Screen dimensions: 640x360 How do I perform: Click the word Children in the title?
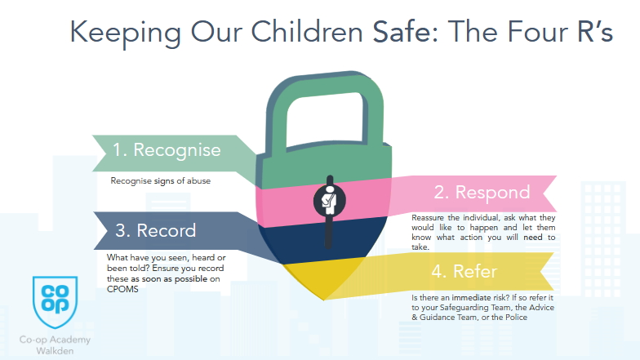[x=307, y=32]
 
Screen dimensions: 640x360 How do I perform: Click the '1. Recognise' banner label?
[x=167, y=150]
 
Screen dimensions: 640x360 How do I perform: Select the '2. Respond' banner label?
[x=482, y=192]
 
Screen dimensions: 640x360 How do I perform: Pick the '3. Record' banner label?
[x=155, y=230]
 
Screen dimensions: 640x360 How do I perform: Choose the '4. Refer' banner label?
[x=464, y=271]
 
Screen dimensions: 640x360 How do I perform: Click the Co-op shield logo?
[x=56, y=301]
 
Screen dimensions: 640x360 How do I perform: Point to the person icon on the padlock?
[x=329, y=201]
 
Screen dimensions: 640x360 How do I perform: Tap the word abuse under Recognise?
[x=199, y=181]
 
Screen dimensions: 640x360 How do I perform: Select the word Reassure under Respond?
[x=428, y=217]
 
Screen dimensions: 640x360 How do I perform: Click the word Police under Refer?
[x=516, y=317]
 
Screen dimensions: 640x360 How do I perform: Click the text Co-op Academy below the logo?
[x=55, y=340]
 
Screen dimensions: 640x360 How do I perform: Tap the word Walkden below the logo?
[x=56, y=351]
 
